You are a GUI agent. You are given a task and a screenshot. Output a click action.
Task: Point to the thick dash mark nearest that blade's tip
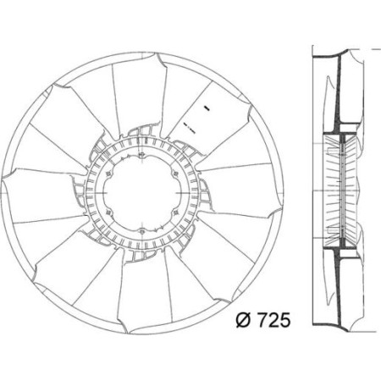(x=205, y=108)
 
